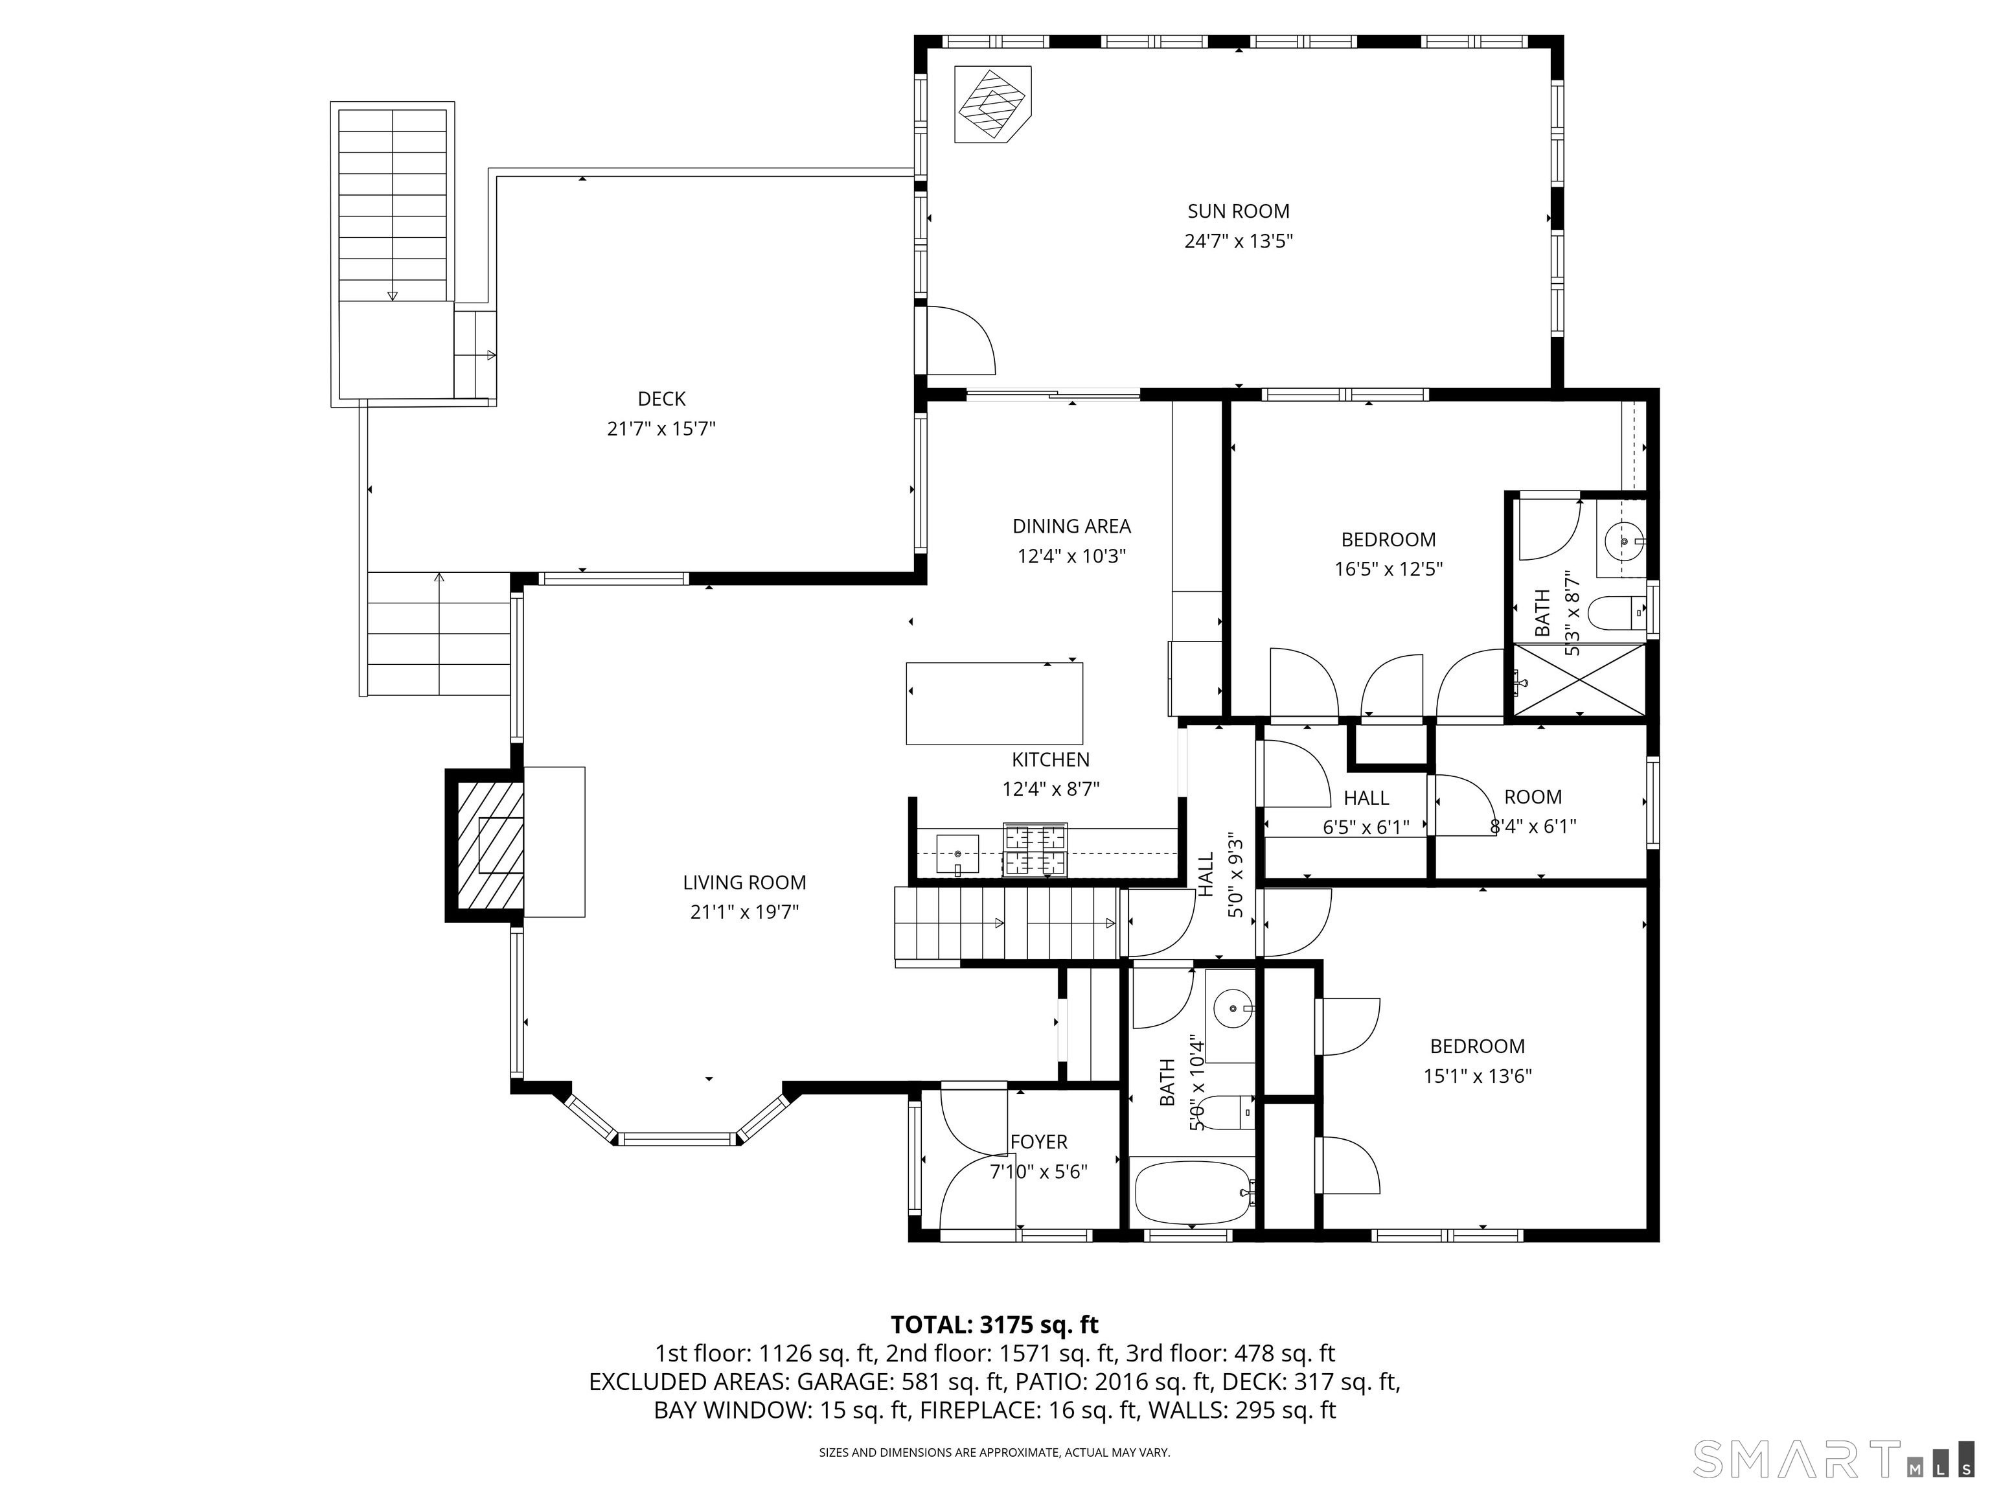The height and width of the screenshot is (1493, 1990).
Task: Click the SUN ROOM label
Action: pos(1238,211)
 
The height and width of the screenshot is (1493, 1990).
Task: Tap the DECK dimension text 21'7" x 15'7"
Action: pos(661,428)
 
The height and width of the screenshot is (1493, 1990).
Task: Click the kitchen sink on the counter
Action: pos(957,853)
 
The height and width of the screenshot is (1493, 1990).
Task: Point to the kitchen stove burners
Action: pos(1035,850)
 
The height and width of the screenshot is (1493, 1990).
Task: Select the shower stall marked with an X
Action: pos(1579,680)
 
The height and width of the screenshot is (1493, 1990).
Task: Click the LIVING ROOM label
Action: pos(744,883)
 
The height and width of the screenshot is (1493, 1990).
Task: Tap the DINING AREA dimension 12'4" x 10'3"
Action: pos(1071,556)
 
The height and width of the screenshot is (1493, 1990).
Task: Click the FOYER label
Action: pos(1038,1142)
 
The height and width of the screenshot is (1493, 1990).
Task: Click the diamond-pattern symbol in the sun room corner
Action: pos(991,104)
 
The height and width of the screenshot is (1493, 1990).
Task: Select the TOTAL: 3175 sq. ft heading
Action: pos(994,1325)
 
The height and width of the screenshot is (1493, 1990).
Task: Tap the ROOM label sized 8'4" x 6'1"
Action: pos(1532,797)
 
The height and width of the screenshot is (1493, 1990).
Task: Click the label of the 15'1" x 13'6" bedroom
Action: pos(1477,1047)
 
